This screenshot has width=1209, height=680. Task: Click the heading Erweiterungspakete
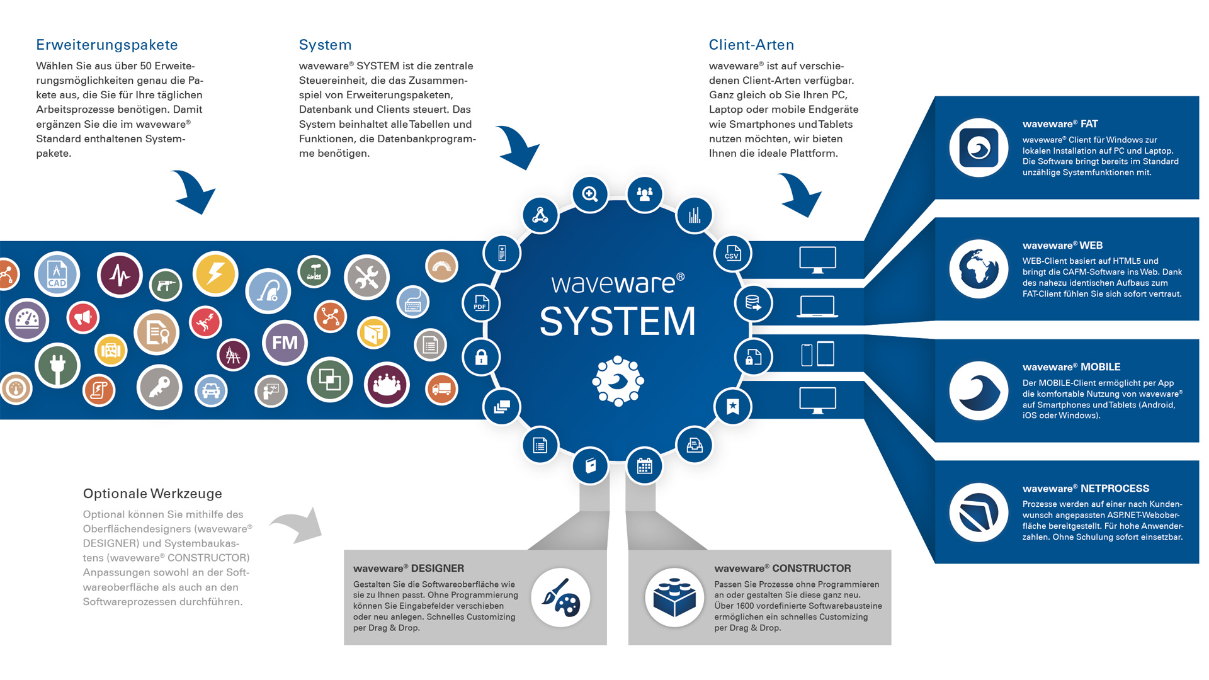click(107, 45)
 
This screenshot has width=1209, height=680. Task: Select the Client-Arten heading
click(751, 45)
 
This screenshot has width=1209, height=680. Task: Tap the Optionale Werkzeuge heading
click(152, 494)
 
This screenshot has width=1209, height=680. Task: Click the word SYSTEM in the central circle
click(618, 322)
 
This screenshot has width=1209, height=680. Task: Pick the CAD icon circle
click(57, 275)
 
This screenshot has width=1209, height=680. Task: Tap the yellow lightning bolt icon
click(215, 274)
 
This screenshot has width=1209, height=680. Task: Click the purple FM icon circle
click(285, 343)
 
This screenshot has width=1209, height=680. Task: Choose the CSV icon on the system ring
click(732, 254)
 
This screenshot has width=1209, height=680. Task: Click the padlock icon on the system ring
click(482, 358)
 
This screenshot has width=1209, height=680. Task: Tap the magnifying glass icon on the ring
click(590, 194)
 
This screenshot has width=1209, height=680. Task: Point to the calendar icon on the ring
click(645, 467)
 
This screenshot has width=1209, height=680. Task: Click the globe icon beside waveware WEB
click(979, 269)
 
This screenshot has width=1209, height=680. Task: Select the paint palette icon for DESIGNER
click(560, 598)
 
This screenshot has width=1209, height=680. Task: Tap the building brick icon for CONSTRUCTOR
click(674, 598)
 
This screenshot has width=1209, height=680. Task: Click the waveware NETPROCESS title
click(1086, 489)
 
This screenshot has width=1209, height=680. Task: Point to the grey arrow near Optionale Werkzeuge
click(298, 524)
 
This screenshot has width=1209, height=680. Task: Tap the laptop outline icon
click(817, 307)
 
